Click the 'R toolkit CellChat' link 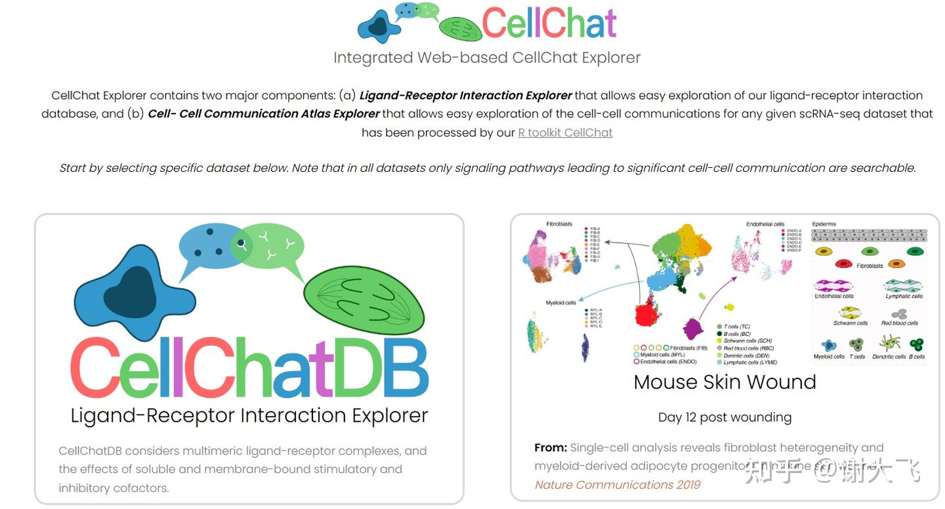pyautogui.click(x=565, y=132)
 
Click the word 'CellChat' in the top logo pyautogui.click(x=549, y=23)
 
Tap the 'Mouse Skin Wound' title pyautogui.click(x=724, y=382)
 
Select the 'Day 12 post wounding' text pyautogui.click(x=724, y=417)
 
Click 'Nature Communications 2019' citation pyautogui.click(x=618, y=485)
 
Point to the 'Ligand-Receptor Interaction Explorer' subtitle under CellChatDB pyautogui.click(x=249, y=415)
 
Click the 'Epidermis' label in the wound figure pyautogui.click(x=824, y=224)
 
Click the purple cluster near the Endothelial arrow pyautogui.click(x=693, y=327)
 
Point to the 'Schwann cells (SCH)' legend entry pyautogui.click(x=747, y=341)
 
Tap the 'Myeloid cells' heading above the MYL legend pyautogui.click(x=560, y=303)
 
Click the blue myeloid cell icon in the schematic pyautogui.click(x=829, y=345)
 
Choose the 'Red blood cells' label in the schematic pyautogui.click(x=900, y=323)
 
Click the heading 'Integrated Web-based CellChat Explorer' pyautogui.click(x=486, y=58)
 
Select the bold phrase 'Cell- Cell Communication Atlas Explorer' pyautogui.click(x=264, y=113)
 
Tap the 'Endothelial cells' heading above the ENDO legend pyautogui.click(x=765, y=224)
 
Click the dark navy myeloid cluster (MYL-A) pyautogui.click(x=585, y=347)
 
